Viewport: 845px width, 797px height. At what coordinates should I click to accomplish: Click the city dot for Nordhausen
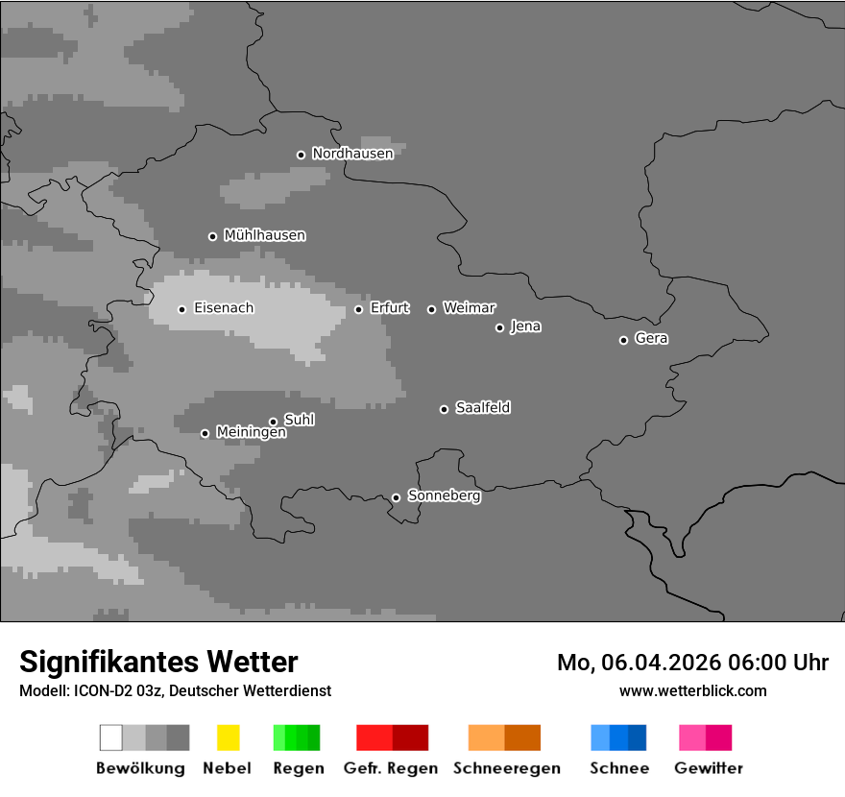point(301,155)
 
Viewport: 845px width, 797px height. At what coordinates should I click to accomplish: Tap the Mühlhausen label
point(264,235)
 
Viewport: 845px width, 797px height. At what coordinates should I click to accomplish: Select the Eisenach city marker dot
point(181,309)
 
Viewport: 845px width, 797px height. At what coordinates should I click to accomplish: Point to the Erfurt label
point(389,308)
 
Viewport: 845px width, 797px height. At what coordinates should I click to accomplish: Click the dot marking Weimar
point(431,309)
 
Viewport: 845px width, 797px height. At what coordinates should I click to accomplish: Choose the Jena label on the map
point(525,326)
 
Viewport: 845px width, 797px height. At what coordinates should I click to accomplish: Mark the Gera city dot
point(623,340)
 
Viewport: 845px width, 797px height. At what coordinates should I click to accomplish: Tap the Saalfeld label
point(482,408)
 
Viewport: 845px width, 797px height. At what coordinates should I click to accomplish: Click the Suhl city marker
point(273,422)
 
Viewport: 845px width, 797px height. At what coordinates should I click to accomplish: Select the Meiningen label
point(251,433)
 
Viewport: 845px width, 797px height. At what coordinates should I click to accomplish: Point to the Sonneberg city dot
point(396,497)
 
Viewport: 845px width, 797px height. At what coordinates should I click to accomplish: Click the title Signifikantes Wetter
point(158,662)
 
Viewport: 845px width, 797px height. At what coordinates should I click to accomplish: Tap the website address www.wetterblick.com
point(692,690)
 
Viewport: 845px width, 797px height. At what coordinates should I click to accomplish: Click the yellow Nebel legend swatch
point(228,737)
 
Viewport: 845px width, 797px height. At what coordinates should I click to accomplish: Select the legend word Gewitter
point(708,768)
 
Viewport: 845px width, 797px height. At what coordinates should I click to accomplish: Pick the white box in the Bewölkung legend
point(110,737)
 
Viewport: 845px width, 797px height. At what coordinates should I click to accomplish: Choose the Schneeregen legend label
point(506,768)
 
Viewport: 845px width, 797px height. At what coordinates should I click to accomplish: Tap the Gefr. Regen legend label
point(390,768)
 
